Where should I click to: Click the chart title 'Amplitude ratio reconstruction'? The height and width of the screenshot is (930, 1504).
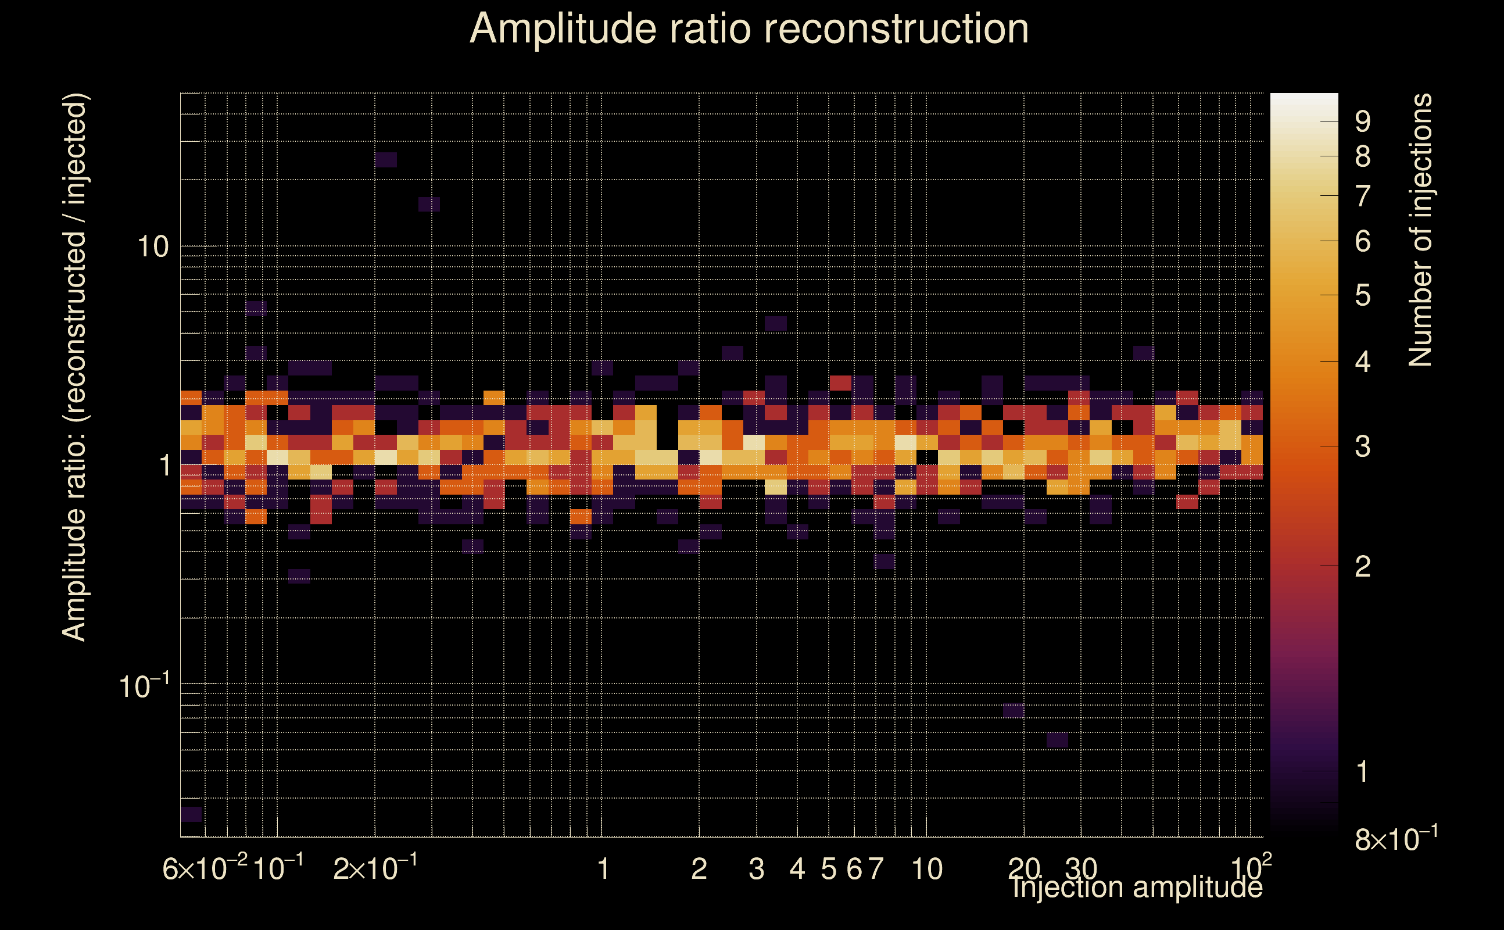coord(749,29)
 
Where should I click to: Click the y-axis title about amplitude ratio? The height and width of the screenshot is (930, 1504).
coord(75,367)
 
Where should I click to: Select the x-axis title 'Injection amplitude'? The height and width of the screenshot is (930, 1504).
coord(1137,888)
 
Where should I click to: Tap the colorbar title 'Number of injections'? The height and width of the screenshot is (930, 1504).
coord(1420,230)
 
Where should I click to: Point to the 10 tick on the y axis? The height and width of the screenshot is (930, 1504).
coord(152,247)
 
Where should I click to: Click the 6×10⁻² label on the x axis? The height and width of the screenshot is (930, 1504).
coord(205,868)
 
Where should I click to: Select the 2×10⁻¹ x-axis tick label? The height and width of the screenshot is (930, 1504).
coord(375,868)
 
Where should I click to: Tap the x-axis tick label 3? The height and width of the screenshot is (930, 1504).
coord(756,869)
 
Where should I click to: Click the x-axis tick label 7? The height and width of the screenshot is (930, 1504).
coord(876,869)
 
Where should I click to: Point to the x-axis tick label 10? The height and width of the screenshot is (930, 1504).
coord(926,869)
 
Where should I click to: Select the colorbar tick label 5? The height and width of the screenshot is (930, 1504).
coord(1363,296)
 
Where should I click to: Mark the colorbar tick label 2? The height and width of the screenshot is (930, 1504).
coord(1363,567)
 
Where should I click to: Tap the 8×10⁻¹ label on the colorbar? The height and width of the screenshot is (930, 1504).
coord(1396,839)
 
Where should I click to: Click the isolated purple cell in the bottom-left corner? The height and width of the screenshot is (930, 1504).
coord(191,814)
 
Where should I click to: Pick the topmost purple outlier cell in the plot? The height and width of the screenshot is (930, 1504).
coord(386,160)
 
